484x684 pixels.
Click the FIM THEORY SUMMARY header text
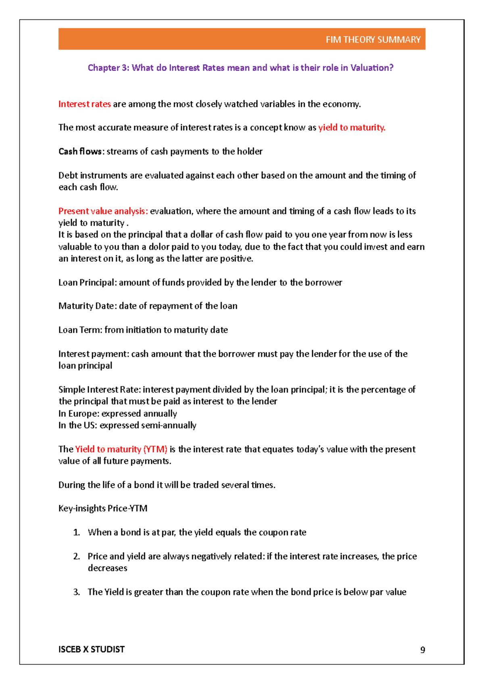(x=373, y=40)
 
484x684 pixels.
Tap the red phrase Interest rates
(x=84, y=104)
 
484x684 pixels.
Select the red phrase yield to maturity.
(x=351, y=127)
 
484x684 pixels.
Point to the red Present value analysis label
(x=103, y=211)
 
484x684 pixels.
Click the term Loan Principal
(x=87, y=282)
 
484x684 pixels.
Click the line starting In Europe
(x=117, y=413)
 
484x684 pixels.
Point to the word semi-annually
(x=175, y=425)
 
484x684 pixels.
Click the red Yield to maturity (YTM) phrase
(x=121, y=449)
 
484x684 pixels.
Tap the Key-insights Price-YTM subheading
(x=103, y=508)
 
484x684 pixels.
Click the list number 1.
(x=76, y=532)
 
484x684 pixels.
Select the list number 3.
(x=76, y=592)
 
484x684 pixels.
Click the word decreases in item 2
(x=107, y=568)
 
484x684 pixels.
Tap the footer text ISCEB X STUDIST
(x=92, y=649)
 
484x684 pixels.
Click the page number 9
(x=422, y=650)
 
